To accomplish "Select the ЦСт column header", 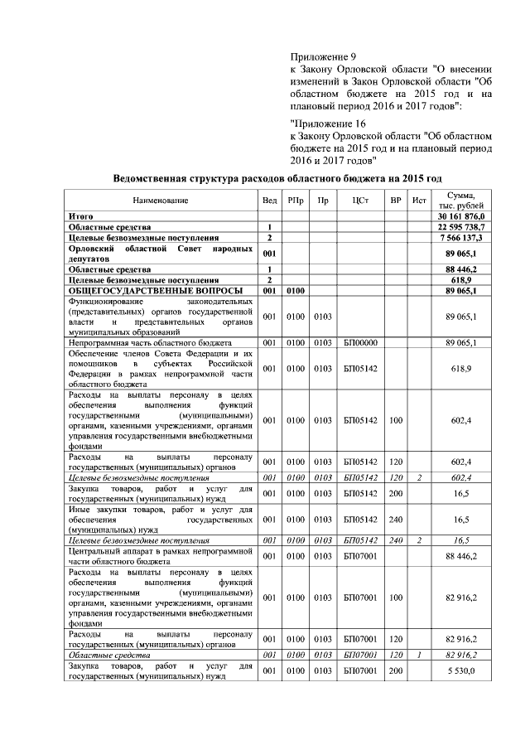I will [359, 201].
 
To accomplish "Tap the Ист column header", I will [420, 201].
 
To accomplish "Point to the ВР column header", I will [395, 201].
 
